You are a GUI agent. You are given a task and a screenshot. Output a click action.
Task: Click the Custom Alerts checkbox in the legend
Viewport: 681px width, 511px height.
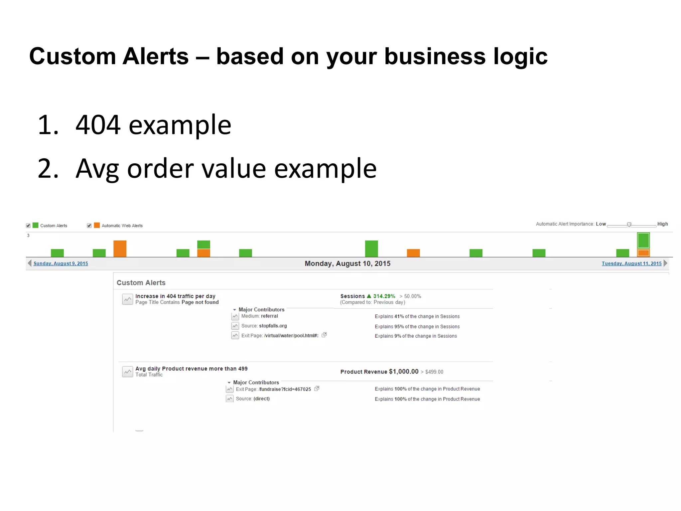click(28, 226)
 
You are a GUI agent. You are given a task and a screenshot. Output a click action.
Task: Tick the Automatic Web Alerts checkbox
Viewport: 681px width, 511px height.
click(89, 226)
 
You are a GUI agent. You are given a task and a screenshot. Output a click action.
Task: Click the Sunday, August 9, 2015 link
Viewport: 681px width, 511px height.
click(61, 263)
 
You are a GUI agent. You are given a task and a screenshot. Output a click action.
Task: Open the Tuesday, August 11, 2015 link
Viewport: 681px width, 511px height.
click(631, 263)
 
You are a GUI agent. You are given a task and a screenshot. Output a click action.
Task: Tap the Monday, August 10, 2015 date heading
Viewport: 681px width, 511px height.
click(347, 263)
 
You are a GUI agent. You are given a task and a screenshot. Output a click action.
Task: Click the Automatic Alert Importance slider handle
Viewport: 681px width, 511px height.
click(629, 225)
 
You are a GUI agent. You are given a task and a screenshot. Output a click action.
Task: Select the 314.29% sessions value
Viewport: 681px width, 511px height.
click(384, 296)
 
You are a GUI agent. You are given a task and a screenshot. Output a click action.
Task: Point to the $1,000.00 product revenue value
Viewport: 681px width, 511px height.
click(403, 371)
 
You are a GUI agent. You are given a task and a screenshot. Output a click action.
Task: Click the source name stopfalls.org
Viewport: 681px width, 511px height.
click(273, 326)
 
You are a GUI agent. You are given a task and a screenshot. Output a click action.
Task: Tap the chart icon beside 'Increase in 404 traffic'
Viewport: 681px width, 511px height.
click(127, 299)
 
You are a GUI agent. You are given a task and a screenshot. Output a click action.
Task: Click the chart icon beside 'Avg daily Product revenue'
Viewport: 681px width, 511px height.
click(127, 372)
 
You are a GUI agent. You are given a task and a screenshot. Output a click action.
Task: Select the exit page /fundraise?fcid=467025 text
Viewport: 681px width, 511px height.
click(285, 389)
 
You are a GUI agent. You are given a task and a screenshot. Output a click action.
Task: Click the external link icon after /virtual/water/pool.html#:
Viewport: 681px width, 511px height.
click(324, 335)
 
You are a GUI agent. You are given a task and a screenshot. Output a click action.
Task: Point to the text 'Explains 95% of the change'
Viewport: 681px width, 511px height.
click(417, 326)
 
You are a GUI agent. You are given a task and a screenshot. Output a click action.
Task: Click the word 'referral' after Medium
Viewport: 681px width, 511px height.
click(269, 316)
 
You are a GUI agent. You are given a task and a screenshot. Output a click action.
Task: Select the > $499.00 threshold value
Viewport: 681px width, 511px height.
click(432, 372)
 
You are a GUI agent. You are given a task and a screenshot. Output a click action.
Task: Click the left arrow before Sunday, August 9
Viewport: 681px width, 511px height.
click(30, 263)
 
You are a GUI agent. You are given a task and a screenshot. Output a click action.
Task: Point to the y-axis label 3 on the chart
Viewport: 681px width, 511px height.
click(28, 235)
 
